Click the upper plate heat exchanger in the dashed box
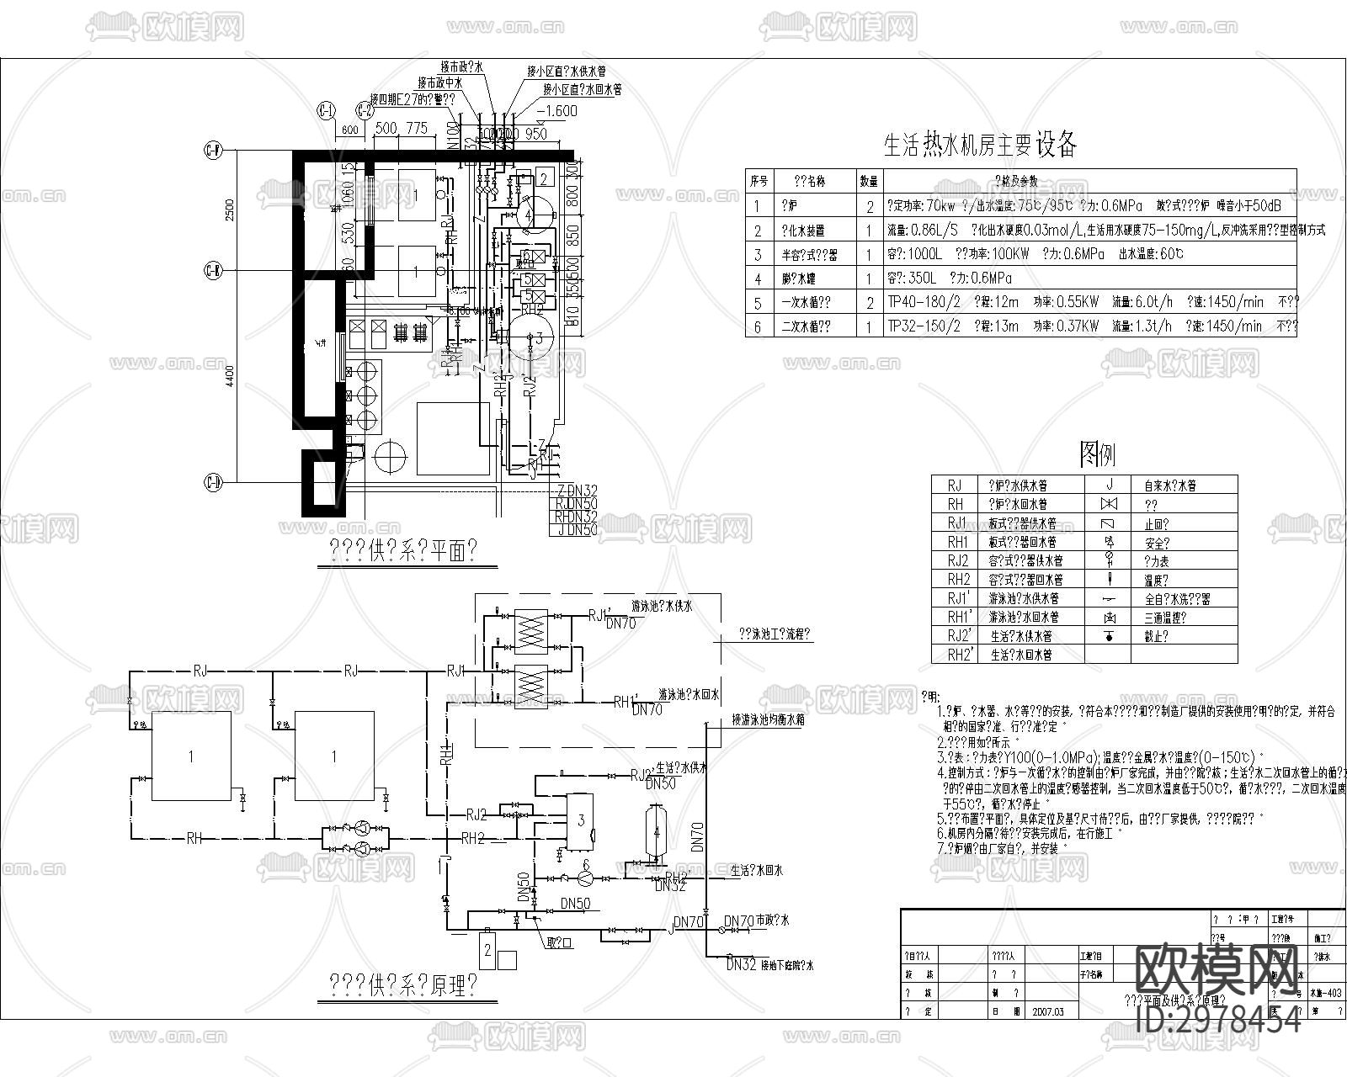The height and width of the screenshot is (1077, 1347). click(x=530, y=629)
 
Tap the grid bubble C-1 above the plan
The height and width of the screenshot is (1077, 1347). click(x=325, y=111)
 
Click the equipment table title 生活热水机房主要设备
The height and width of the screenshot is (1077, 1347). click(x=980, y=145)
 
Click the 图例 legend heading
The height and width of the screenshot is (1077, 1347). click(x=1098, y=454)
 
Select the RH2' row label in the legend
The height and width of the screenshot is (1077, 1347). click(x=959, y=654)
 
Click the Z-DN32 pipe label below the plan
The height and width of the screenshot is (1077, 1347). click(x=576, y=491)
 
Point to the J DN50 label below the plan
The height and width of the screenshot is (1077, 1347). click(x=576, y=529)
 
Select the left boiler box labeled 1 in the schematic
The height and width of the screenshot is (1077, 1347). click(x=190, y=756)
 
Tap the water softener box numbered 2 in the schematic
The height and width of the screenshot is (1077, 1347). click(x=487, y=950)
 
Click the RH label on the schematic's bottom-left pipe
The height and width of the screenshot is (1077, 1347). click(x=194, y=838)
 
